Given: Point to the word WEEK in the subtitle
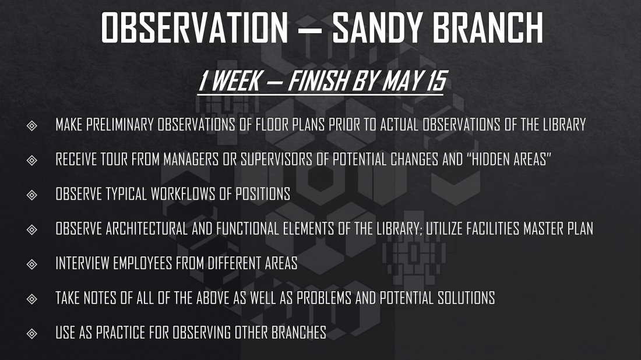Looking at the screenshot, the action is click(235, 80).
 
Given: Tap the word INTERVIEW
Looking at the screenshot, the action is click(82, 263).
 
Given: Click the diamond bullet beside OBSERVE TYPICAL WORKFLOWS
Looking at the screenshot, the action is click(32, 195).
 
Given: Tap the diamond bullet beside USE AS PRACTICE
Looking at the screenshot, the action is click(32, 334).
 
